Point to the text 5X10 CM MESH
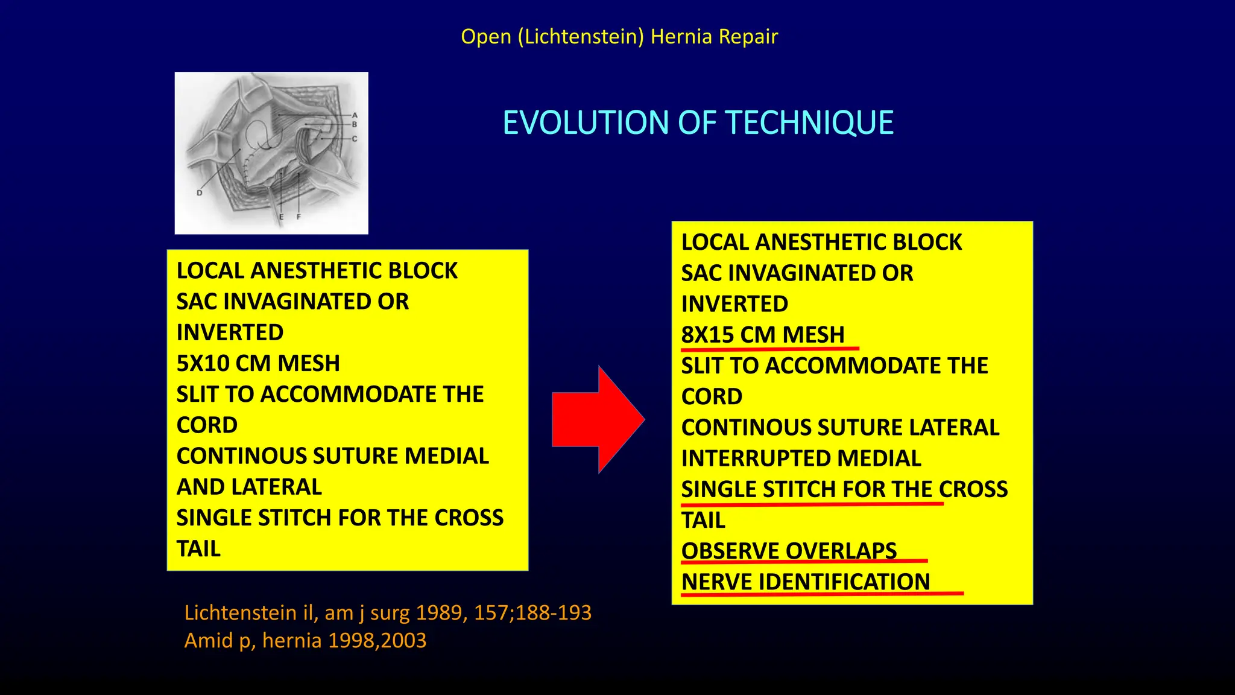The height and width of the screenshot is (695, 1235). coord(258,363)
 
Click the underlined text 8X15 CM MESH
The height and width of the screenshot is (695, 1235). coord(763,335)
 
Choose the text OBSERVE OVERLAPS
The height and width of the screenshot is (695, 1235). coord(789,551)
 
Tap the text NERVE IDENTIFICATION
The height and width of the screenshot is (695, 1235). coord(806,582)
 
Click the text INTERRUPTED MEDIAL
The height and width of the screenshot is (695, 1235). coord(801,459)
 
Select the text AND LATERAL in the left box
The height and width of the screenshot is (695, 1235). coord(249,487)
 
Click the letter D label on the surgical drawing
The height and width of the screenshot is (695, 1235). coord(199,193)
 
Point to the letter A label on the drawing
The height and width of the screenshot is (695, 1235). coord(355,115)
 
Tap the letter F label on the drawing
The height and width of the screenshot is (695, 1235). coord(298,217)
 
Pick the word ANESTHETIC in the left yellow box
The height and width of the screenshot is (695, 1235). coord(317,271)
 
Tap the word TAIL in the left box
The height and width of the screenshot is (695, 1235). coord(198,549)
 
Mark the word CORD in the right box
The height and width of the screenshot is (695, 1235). coord(712,397)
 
